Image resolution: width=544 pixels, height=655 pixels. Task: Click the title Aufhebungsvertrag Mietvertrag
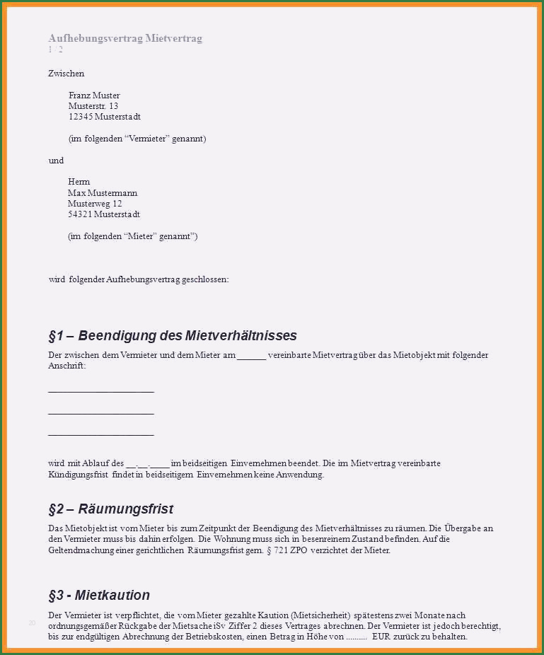pos(125,38)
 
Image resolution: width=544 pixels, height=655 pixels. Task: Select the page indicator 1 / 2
pos(55,50)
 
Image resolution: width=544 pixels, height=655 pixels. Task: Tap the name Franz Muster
pos(94,95)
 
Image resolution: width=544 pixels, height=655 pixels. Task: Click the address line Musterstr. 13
pos(93,106)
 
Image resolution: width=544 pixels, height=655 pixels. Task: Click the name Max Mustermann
pos(103,193)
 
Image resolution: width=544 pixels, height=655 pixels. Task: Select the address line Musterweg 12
pos(95,204)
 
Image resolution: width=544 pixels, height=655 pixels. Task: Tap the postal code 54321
pos(80,214)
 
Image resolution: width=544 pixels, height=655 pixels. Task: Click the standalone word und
pos(56,161)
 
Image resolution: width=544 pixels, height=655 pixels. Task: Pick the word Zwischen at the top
pos(66,74)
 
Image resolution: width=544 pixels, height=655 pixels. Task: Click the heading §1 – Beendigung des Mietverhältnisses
pos(173,335)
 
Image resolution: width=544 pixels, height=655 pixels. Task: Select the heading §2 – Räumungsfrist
pos(110,509)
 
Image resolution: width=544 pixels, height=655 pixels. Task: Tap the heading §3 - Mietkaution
pos(99,595)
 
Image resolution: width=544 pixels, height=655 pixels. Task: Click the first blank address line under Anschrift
pos(100,390)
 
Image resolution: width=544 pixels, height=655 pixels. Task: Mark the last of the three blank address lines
pos(100,434)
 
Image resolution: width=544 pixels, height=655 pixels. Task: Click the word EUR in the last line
pos(381,637)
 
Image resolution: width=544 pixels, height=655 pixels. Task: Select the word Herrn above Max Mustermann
pos(79,182)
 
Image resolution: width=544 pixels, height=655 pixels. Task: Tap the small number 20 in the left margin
pos(32,623)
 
